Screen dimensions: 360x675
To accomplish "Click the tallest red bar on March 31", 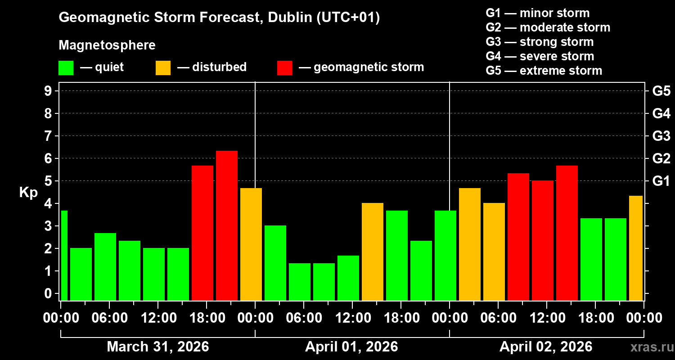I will pyautogui.click(x=227, y=225).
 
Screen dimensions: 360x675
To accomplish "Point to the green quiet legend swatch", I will pyautogui.click(x=66, y=68).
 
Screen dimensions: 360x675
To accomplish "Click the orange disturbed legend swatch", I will pyautogui.click(x=163, y=68).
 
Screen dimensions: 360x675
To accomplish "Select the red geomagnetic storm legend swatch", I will pyautogui.click(x=284, y=68).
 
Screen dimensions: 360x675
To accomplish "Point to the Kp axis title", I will pyautogui.click(x=28, y=193).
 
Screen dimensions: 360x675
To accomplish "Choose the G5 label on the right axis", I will pyautogui.click(x=661, y=91).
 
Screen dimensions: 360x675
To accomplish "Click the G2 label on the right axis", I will pyautogui.click(x=661, y=159).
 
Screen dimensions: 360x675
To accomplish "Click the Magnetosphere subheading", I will pyautogui.click(x=107, y=45).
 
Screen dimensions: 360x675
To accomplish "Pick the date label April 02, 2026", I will pyautogui.click(x=546, y=347).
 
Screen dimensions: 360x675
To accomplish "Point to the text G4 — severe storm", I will pyautogui.click(x=540, y=56).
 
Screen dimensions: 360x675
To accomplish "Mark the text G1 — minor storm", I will pyautogui.click(x=538, y=13).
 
